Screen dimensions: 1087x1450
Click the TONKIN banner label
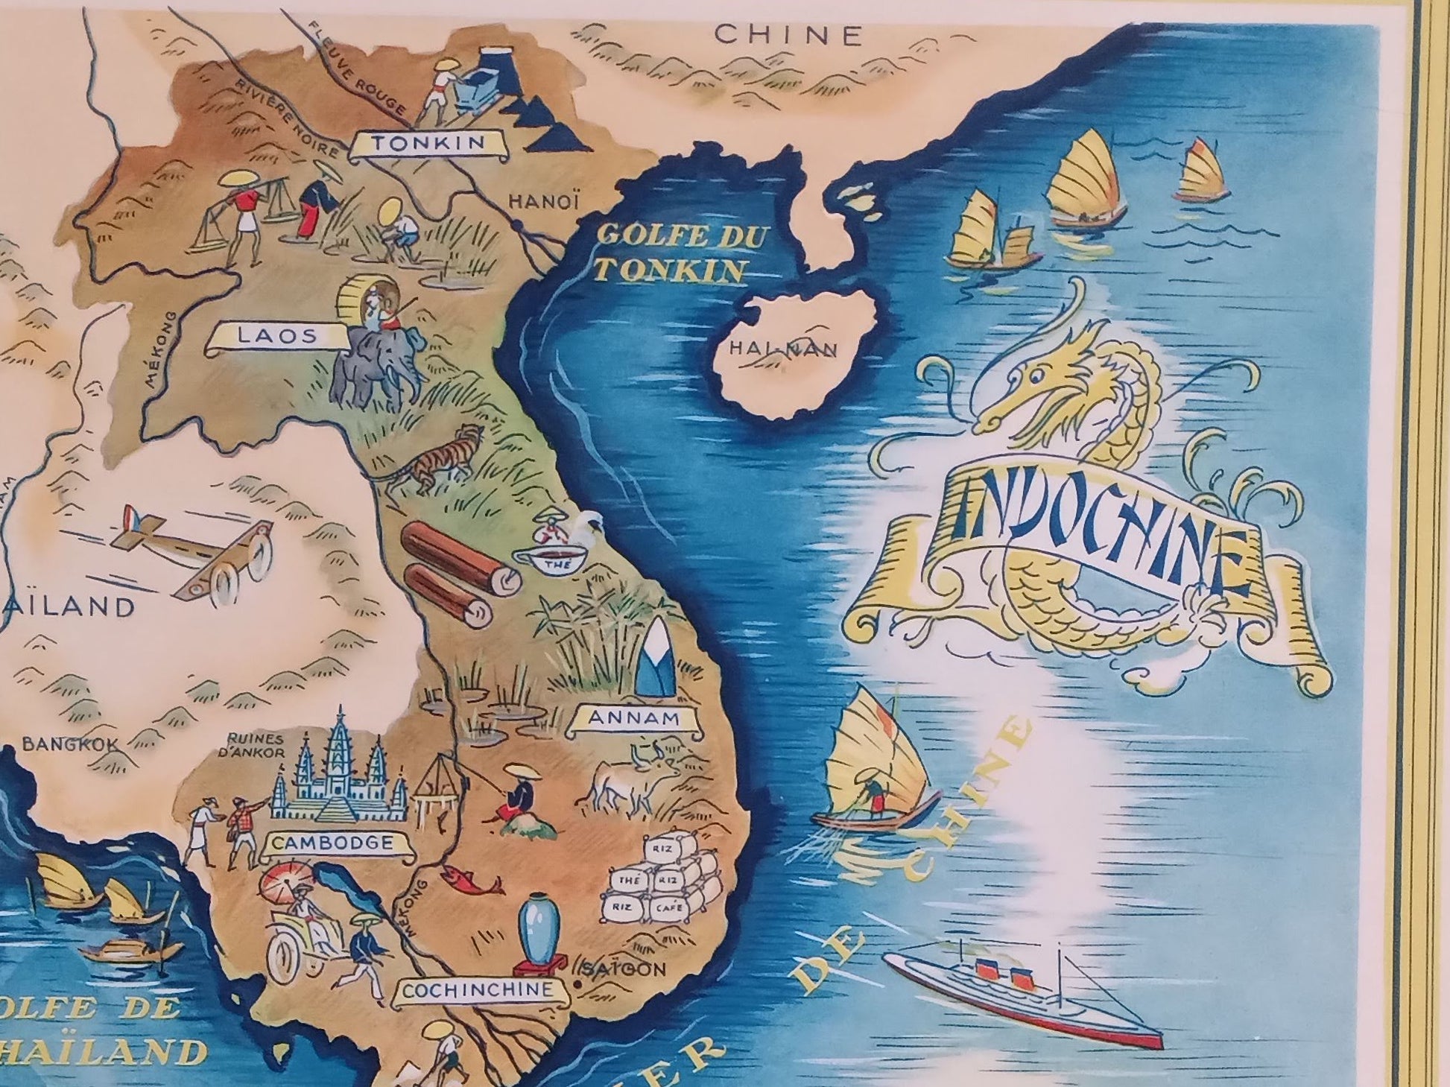click(x=428, y=144)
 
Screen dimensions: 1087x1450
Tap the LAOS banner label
click(x=277, y=337)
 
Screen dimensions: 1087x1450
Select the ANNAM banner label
click(x=634, y=719)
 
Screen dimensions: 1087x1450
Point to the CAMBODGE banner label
click(x=332, y=844)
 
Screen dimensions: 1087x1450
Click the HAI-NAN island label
click(x=783, y=348)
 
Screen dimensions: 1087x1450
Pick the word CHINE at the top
click(x=789, y=34)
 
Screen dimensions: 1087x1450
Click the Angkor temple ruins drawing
click(x=339, y=775)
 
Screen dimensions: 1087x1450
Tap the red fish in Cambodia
click(x=472, y=879)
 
